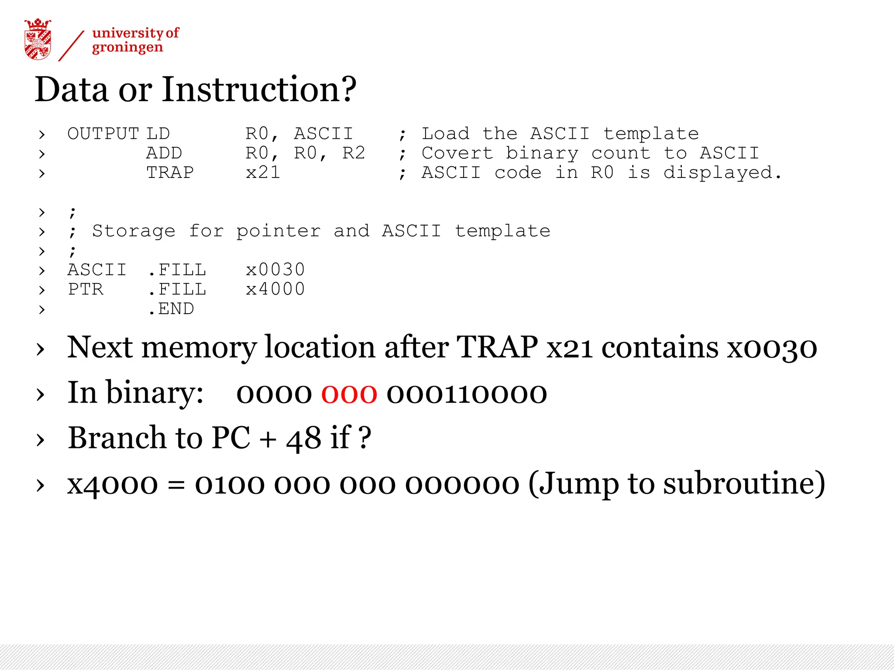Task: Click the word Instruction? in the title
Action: (x=259, y=89)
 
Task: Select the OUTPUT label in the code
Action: (x=103, y=134)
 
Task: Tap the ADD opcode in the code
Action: (x=164, y=153)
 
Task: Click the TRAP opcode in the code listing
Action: (x=170, y=173)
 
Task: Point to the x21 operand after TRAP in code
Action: (x=263, y=173)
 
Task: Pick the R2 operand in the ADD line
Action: (x=354, y=153)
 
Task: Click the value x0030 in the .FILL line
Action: (x=275, y=270)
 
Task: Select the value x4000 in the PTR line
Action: (x=275, y=289)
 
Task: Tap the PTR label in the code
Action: (x=86, y=289)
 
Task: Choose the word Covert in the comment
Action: (x=457, y=153)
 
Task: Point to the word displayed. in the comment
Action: (x=722, y=173)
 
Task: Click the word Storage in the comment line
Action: (x=134, y=231)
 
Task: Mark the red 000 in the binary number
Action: (x=349, y=393)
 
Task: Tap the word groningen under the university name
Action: (x=127, y=48)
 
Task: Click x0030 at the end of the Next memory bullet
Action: (x=772, y=348)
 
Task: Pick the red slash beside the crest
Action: (x=71, y=46)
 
